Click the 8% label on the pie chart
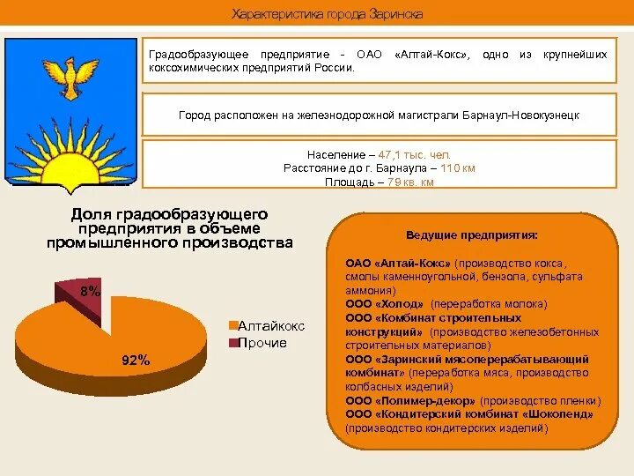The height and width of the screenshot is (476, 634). click(90, 291)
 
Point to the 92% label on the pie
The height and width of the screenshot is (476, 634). click(136, 360)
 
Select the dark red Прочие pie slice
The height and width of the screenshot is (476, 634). click(84, 300)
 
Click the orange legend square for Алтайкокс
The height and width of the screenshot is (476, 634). click(233, 326)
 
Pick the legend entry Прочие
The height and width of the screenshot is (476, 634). click(262, 342)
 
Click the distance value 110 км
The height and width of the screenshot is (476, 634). click(457, 168)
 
